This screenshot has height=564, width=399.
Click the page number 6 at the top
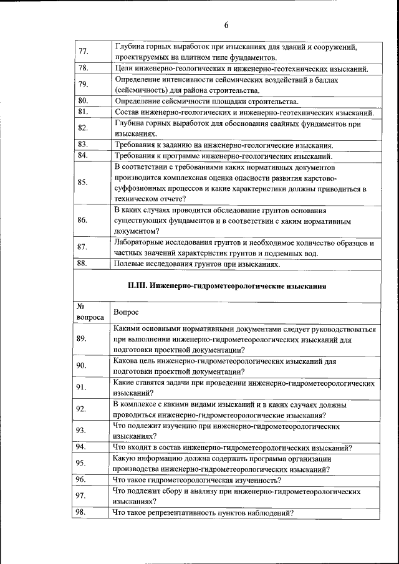[x=226, y=26]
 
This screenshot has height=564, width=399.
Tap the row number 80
[x=82, y=100]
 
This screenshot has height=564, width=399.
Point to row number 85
[x=83, y=183]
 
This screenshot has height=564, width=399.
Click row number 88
[x=82, y=263]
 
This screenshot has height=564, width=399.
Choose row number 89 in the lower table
[x=81, y=338]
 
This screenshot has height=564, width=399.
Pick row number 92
[x=81, y=409]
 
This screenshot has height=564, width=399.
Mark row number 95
[x=81, y=464]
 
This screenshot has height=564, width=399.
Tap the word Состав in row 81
[x=128, y=112]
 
